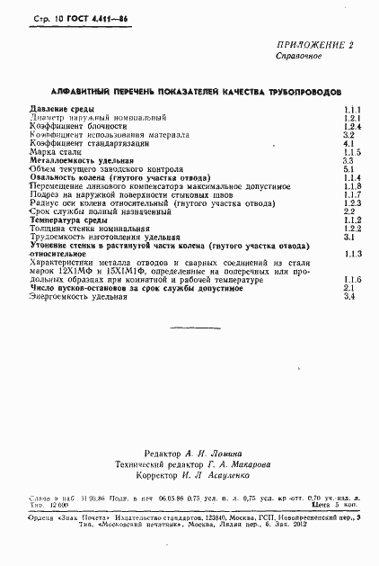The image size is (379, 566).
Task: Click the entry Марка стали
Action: tap(57, 152)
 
